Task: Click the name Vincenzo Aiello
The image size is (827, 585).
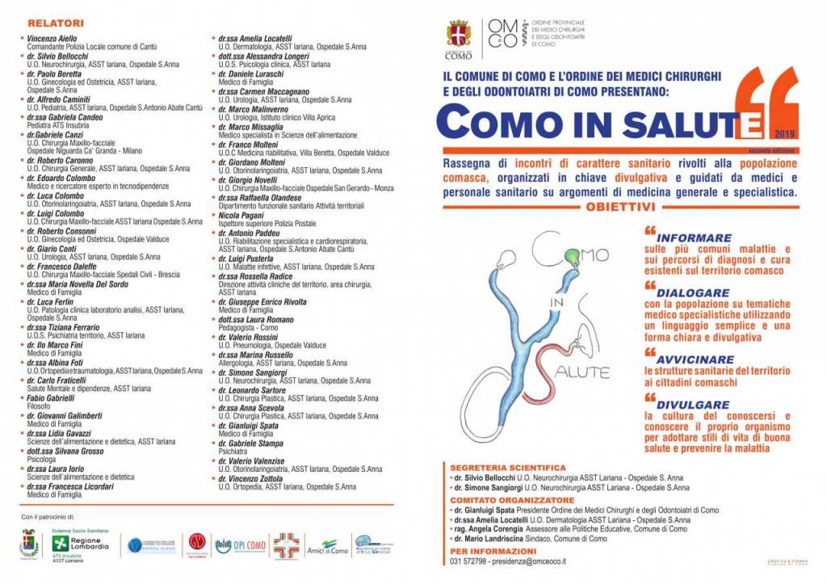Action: pyautogui.click(x=52, y=39)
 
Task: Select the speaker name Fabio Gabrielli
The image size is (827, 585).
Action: pyautogui.click(x=51, y=398)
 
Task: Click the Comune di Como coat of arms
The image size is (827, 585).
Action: pyautogui.click(x=458, y=35)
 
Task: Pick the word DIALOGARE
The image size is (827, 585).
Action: pyautogui.click(x=693, y=293)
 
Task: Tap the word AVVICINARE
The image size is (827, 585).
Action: pyautogui.click(x=695, y=359)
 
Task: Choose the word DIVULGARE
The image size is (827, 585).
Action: pyautogui.click(x=692, y=405)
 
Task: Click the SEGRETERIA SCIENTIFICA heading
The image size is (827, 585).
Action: pyautogui.click(x=508, y=468)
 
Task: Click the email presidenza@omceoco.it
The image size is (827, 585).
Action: pyautogui.click(x=528, y=561)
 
